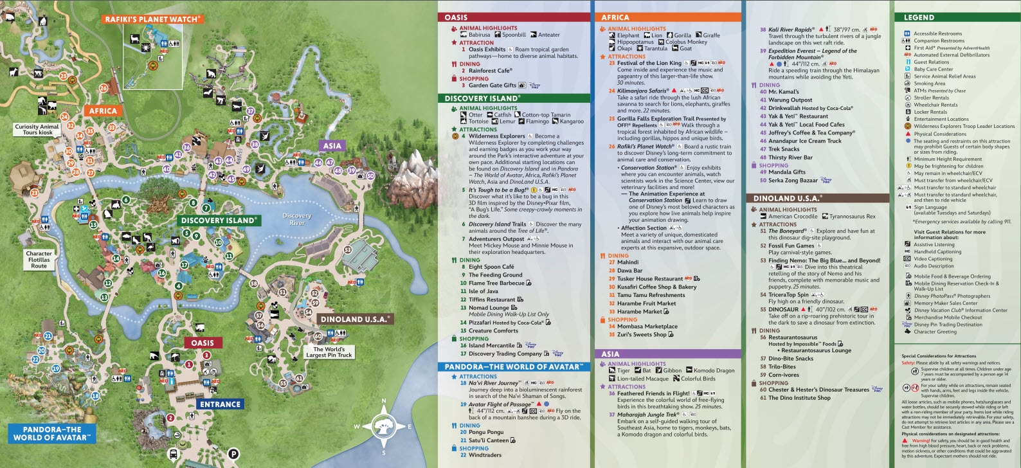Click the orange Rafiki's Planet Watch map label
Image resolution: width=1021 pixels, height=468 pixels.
click(152, 19)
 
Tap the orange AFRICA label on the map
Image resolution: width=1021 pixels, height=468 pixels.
click(103, 111)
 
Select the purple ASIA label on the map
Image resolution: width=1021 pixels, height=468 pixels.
click(332, 146)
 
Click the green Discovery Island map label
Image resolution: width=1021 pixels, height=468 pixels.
click(219, 220)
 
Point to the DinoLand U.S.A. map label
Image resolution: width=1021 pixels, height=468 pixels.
click(355, 319)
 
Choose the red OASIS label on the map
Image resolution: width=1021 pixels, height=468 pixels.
click(202, 343)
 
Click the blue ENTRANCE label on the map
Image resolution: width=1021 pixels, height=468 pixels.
click(220, 404)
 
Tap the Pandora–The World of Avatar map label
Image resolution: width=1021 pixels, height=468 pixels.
click(51, 433)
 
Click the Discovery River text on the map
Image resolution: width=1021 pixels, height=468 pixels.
click(296, 219)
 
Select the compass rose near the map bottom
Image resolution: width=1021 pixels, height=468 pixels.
click(383, 427)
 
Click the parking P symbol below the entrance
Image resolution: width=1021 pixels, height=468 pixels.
click(234, 454)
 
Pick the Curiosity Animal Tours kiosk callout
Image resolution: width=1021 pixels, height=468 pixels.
click(37, 129)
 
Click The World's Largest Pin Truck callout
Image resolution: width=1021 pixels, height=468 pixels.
click(329, 352)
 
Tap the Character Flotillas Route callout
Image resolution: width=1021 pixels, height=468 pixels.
click(39, 259)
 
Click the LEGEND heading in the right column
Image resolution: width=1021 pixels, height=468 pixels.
click(919, 17)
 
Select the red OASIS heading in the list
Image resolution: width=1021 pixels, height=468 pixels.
click(456, 17)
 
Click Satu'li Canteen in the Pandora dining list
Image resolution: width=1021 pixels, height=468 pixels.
click(489, 440)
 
